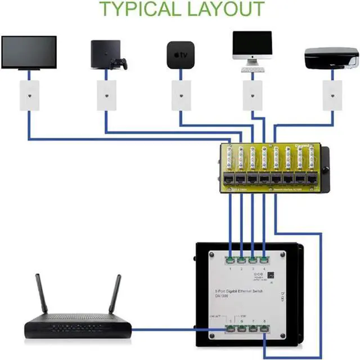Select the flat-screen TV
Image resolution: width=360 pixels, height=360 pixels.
coord(29,52)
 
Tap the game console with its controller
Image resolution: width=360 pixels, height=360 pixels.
coord(107,55)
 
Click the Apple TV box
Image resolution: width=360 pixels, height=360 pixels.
coord(180,55)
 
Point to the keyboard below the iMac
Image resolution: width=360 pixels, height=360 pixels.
coord(253,70)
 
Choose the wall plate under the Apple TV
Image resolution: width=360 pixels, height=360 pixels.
coord(181,94)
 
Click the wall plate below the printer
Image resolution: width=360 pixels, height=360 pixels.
coord(331,94)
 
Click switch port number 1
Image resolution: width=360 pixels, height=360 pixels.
coord(231,260)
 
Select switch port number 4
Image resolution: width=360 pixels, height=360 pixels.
coord(264,260)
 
